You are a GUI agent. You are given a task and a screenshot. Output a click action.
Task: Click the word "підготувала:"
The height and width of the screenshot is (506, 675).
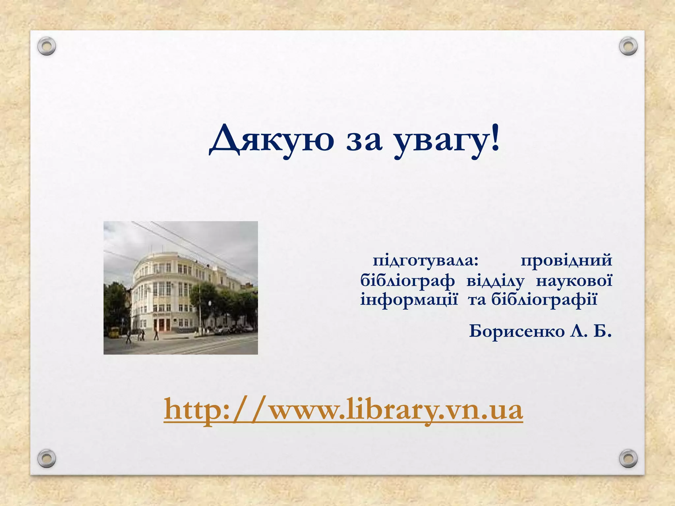tap(426, 261)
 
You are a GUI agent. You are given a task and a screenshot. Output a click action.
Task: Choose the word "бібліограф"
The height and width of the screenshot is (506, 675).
tap(407, 281)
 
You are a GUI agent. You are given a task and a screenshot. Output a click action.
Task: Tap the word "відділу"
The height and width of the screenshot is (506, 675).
tap(495, 281)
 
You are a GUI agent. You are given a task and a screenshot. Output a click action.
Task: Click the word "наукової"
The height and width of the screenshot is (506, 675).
tap(574, 281)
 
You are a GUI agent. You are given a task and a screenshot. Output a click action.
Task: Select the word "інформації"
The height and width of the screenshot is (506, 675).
tap(409, 300)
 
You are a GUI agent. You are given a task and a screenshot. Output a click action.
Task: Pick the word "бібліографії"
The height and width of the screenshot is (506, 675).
tap(544, 300)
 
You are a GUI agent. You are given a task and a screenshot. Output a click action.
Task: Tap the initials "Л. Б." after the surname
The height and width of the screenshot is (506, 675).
tap(591, 331)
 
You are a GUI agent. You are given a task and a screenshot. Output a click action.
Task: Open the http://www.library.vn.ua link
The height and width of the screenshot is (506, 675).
tap(343, 410)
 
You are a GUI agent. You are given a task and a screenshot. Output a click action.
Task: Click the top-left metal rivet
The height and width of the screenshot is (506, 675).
tap(46, 46)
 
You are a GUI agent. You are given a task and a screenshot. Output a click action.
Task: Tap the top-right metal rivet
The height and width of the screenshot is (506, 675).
tap(628, 46)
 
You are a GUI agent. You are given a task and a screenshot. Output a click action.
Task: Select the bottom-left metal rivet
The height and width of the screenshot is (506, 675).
tap(46, 458)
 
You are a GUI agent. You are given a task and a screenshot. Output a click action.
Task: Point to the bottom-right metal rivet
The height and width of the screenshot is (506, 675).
tap(628, 458)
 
